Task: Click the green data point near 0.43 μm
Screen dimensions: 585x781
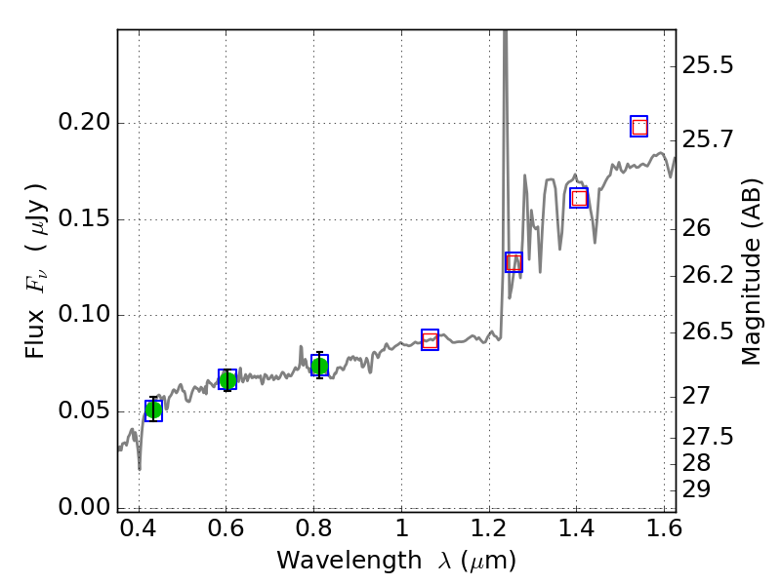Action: tap(153, 410)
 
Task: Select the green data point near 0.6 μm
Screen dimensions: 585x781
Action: tap(227, 379)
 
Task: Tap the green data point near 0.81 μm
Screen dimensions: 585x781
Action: tap(319, 366)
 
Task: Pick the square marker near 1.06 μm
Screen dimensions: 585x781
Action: tap(430, 339)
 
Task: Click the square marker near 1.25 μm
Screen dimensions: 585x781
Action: tap(514, 261)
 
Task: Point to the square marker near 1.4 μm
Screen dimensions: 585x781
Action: tap(579, 198)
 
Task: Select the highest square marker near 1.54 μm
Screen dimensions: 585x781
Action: tap(639, 126)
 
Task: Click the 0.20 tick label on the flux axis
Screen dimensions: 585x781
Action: tap(85, 124)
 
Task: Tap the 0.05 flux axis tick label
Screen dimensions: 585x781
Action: tap(85, 411)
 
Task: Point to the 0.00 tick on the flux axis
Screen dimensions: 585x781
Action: tap(85, 507)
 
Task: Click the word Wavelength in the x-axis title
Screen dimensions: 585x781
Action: tap(334, 561)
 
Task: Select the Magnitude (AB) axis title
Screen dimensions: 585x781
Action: tap(751, 271)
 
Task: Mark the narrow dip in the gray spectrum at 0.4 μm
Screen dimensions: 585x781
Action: tap(140, 468)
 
